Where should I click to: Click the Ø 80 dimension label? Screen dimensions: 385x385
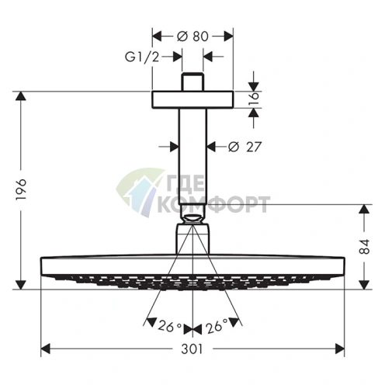pos(192,35)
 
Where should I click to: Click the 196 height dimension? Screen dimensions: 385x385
pos(22,189)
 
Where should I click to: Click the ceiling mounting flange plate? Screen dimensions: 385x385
pos(192,99)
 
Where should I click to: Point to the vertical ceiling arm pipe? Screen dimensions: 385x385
pos(192,155)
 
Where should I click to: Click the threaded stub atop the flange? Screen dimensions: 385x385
pos(192,82)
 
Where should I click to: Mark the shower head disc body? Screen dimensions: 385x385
pos(192,268)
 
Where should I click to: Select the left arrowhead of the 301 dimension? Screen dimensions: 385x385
pos(45,349)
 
